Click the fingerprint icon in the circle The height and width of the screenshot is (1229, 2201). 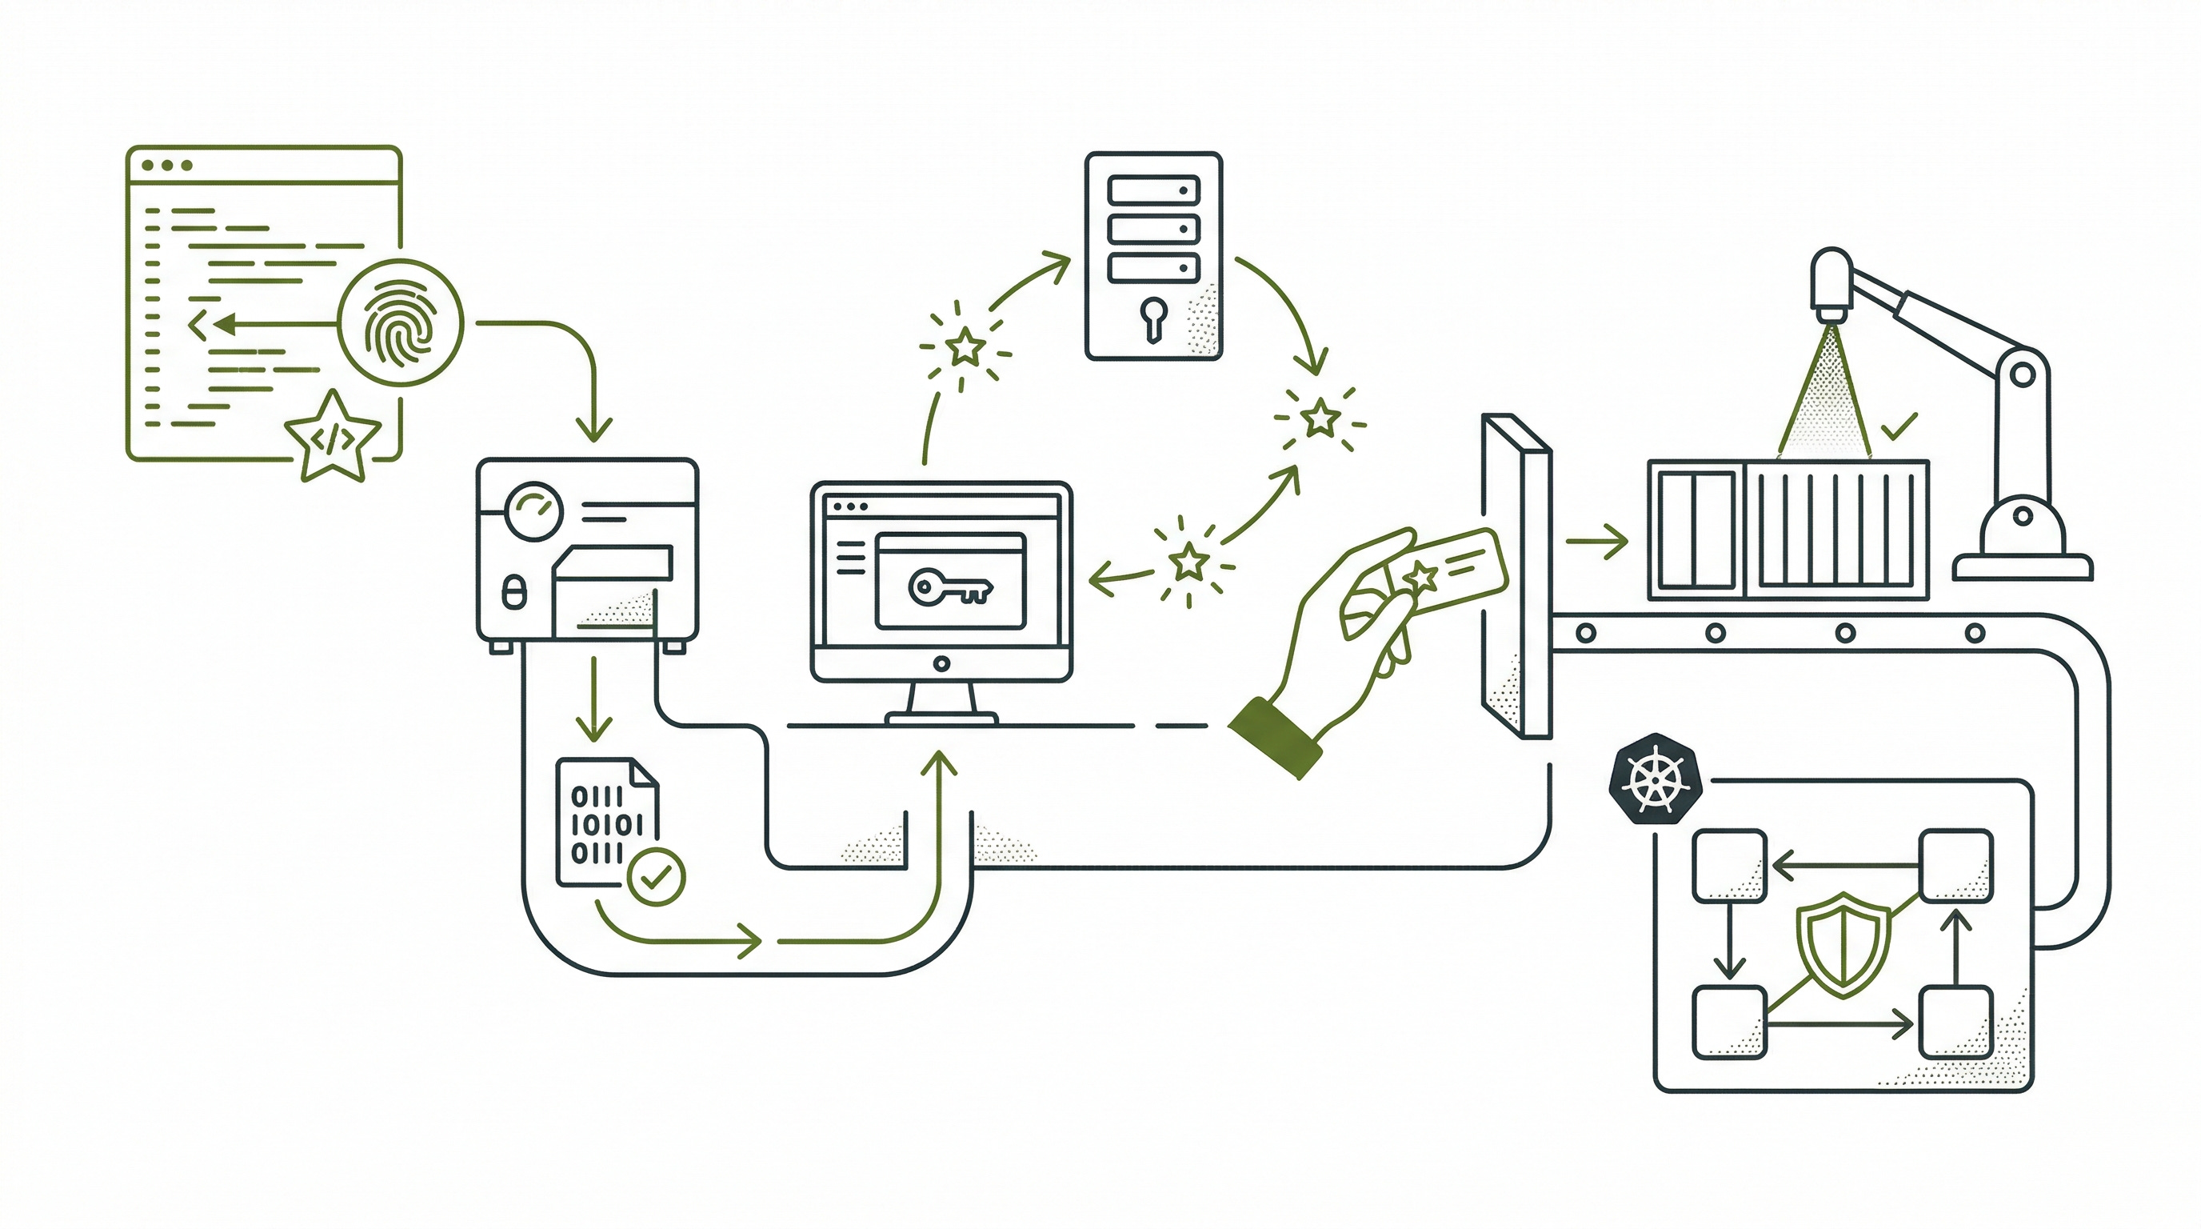point(400,323)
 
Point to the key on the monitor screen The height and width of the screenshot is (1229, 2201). point(949,587)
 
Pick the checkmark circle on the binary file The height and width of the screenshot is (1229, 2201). point(656,876)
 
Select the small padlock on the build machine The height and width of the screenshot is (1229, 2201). point(513,591)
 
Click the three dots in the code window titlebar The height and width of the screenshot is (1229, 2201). point(167,165)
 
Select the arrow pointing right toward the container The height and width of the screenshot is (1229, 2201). point(1597,542)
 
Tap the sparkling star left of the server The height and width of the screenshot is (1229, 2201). point(966,347)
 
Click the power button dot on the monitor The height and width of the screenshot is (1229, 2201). point(941,664)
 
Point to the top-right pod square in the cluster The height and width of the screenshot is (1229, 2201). point(1956,866)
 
